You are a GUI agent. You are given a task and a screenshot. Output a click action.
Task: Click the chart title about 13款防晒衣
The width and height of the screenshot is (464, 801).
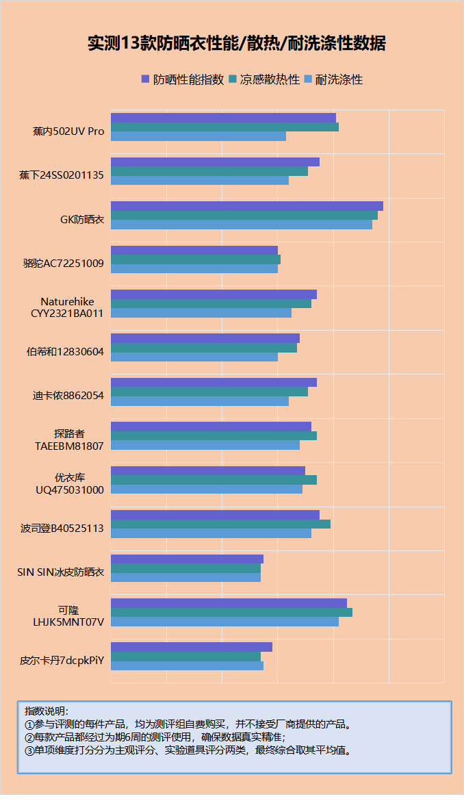point(236,43)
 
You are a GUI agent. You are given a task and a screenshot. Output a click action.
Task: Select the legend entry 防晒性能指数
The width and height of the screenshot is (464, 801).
point(183,79)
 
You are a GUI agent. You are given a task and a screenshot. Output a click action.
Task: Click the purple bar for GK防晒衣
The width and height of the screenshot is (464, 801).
point(246,206)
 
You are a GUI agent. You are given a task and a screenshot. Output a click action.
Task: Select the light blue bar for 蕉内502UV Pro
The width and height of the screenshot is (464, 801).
point(198,136)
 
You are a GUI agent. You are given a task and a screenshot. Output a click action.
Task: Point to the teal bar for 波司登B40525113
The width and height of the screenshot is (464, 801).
point(220,524)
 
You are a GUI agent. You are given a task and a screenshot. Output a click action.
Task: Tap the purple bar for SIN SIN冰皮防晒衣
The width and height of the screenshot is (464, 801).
point(187,559)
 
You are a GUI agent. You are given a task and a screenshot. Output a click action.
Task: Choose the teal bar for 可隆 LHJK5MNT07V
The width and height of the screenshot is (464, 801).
point(231,612)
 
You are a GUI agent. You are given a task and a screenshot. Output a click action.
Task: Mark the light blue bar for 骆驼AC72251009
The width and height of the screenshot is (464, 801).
point(194,268)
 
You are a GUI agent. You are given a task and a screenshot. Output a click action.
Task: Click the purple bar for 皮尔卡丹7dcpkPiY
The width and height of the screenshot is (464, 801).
point(191,647)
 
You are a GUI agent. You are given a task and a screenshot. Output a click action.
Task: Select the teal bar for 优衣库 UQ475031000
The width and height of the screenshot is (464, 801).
point(214,480)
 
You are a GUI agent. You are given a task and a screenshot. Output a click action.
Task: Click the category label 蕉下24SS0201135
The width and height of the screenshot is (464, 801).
point(62,175)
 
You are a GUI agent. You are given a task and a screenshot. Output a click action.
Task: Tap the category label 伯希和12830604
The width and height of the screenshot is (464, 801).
point(65,352)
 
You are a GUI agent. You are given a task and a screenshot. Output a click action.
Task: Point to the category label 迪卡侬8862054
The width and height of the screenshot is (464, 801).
point(68,396)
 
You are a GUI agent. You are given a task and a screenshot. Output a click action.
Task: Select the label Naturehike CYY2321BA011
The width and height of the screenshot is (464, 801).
point(67,307)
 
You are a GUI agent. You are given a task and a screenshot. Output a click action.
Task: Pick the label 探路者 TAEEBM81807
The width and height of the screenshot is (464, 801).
point(69,440)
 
